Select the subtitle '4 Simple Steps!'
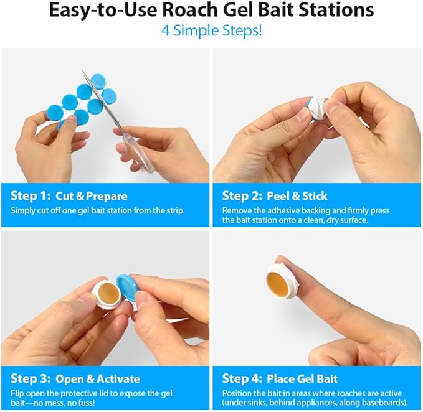pyautogui.click(x=211, y=30)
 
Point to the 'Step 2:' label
pyautogui.click(x=242, y=195)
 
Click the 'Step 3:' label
pyautogui.click(x=29, y=378)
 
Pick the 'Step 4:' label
pyautogui.click(x=242, y=378)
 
